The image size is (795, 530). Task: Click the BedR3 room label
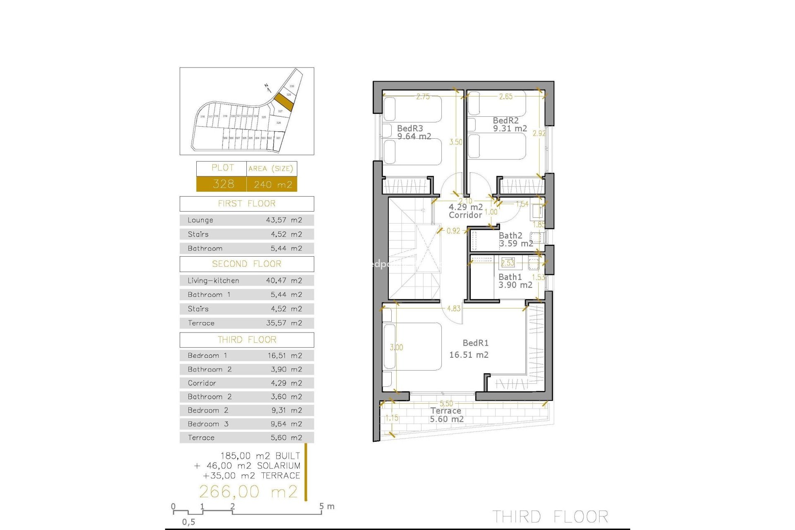410,129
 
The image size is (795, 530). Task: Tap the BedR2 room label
506,120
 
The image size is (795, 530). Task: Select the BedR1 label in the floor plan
475,343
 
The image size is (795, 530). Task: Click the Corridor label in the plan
465,215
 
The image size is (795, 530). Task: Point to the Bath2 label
511,236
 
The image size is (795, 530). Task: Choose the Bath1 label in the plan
510,277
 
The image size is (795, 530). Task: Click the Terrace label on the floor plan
446,411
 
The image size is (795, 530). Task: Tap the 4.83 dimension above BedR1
454,308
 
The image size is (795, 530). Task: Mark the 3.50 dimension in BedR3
456,142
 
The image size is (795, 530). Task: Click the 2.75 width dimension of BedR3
423,97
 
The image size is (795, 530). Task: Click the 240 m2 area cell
272,184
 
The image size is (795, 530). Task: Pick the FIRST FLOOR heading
247,204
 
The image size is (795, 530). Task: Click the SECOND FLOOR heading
247,264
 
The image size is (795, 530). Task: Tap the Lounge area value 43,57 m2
284,220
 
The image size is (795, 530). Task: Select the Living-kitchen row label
213,281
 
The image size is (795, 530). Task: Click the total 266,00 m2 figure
248,492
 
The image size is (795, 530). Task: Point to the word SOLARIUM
279,466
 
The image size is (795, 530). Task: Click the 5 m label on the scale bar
327,506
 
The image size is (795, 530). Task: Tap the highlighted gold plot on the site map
284,101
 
